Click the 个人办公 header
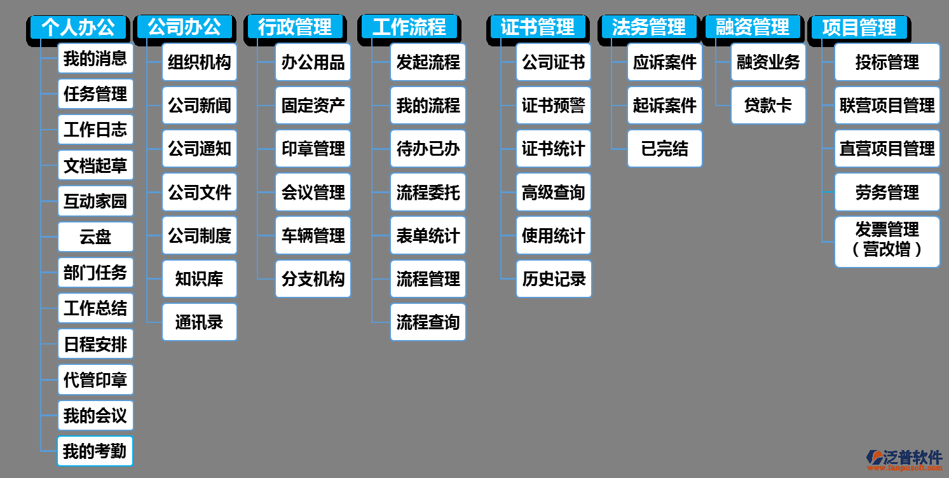(x=78, y=27)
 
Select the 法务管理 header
(x=648, y=27)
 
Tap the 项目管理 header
(x=859, y=27)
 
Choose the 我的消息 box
(x=95, y=58)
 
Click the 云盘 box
(x=95, y=237)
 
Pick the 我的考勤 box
(x=95, y=451)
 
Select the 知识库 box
(x=200, y=279)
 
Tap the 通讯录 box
(x=200, y=322)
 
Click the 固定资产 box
(x=313, y=106)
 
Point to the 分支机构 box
(x=313, y=279)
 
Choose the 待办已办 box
(x=428, y=149)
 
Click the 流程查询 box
(x=428, y=322)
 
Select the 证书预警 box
(x=553, y=106)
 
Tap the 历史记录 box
(x=553, y=279)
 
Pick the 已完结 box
(x=665, y=149)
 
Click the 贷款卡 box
(x=768, y=106)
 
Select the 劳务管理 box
(x=887, y=193)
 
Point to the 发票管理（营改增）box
(x=887, y=242)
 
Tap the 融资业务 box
(x=768, y=62)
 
